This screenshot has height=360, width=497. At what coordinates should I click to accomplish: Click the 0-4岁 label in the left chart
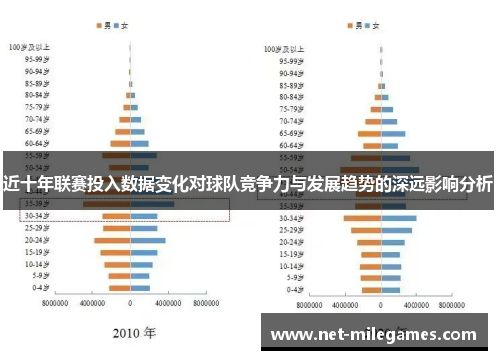[42, 288]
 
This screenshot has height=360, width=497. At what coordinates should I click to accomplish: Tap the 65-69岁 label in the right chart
[290, 133]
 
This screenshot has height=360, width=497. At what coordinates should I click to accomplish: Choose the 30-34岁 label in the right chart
[290, 218]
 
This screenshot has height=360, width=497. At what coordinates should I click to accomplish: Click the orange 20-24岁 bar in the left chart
[112, 240]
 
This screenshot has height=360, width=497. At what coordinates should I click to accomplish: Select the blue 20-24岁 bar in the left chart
[148, 240]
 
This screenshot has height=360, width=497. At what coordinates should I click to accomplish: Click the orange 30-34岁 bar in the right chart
[362, 218]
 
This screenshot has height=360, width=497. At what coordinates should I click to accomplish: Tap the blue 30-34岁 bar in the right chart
[400, 218]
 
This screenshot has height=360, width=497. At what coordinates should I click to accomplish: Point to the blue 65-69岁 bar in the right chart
[393, 133]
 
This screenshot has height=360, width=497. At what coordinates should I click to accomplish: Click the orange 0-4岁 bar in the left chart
[119, 288]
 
